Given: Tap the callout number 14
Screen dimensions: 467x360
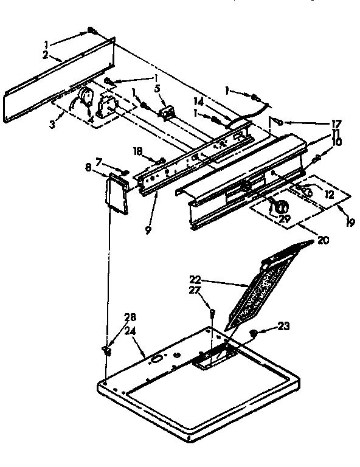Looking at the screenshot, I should tap(199, 103).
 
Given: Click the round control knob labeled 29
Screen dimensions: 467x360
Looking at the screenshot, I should tap(281, 207).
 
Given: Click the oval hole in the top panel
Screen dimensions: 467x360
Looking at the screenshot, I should tap(155, 359).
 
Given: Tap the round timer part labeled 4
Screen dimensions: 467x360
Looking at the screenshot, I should tap(86, 97).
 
